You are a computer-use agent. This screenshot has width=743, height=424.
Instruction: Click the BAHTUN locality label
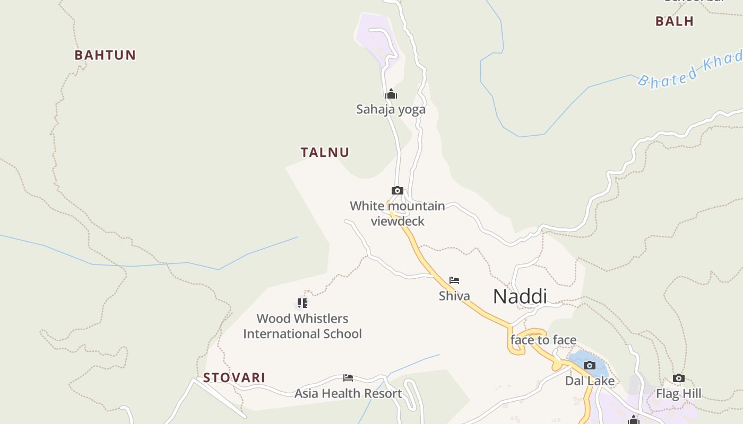coord(105,55)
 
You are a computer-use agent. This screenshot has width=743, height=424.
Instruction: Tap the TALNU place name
coord(325,153)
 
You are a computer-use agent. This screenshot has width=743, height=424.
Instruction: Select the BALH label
coord(674,21)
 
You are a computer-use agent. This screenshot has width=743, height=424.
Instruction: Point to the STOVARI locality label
coord(234,378)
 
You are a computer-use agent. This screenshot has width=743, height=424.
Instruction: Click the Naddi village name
coord(520,296)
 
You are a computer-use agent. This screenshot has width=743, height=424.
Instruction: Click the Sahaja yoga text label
coord(391,110)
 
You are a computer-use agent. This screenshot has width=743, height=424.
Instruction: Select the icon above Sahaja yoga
coord(391,94)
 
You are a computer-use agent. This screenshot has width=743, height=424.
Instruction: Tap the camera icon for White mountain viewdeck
coord(397,190)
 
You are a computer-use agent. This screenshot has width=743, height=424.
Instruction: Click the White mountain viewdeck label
coord(398,213)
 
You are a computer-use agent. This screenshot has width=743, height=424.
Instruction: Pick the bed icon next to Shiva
coord(454,280)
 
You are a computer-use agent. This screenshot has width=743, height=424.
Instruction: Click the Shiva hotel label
coord(454,296)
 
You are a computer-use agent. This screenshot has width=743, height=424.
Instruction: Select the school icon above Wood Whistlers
coord(302,303)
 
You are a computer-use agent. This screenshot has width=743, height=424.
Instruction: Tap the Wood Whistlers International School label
coord(303,326)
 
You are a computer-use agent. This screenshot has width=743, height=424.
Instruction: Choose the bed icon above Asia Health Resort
coord(348,378)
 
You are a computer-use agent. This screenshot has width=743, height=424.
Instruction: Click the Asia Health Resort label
coord(348,394)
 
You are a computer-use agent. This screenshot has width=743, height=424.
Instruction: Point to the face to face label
coord(543,340)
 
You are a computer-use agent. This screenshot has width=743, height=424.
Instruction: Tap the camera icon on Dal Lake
coord(589,365)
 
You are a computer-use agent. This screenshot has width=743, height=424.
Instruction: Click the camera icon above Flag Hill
coord(678,378)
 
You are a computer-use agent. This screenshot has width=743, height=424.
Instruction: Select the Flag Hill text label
coord(678,394)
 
